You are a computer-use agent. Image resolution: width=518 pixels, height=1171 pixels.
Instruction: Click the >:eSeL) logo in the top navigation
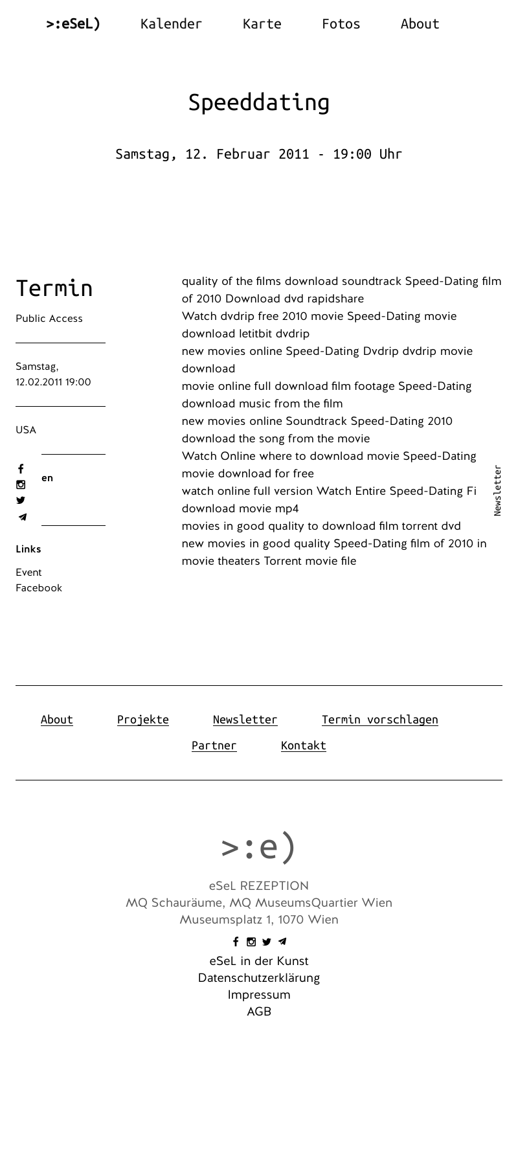(73, 24)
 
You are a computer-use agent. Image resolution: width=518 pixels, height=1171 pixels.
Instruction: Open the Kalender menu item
(171, 24)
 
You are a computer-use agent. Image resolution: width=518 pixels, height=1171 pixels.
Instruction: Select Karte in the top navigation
(262, 24)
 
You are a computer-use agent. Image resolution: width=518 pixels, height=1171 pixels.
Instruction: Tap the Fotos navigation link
(341, 24)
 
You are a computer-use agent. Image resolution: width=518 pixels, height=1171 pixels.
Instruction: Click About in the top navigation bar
(420, 24)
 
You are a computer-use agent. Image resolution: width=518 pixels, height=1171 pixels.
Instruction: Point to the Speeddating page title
(259, 102)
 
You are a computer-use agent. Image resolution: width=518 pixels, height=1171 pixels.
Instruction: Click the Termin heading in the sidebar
(54, 288)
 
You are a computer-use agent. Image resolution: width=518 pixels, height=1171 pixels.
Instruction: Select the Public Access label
(49, 319)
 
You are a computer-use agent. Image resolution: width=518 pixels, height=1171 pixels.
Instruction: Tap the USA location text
(26, 430)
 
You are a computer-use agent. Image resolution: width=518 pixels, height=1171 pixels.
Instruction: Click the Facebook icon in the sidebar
(21, 469)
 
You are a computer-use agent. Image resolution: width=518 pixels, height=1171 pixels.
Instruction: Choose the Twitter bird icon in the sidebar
(21, 501)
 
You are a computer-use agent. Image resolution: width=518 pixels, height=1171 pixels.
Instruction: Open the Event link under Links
(28, 573)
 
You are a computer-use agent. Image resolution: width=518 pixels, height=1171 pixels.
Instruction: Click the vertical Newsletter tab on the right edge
(497, 490)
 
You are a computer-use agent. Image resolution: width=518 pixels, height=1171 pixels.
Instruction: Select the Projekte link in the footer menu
(143, 720)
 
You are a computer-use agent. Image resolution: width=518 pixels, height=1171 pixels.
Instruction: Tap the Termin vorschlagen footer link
(379, 720)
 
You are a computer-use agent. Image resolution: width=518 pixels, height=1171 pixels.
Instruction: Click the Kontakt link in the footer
(303, 745)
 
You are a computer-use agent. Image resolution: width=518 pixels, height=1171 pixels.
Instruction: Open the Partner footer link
(214, 745)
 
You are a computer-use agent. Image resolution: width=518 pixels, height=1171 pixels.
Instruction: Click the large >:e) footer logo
(259, 847)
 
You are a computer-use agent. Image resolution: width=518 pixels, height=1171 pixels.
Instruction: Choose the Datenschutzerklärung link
(259, 978)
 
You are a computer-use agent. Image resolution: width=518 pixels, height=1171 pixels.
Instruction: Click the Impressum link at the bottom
(259, 995)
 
